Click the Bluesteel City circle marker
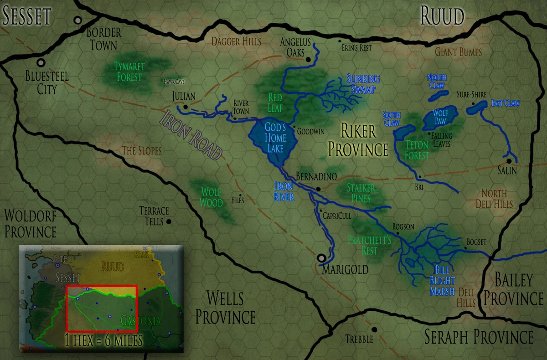point(41,62)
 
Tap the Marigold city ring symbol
point(322,258)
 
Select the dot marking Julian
point(186,107)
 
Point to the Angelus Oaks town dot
point(308,59)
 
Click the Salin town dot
point(509,161)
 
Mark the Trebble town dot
point(374,329)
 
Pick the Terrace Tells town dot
point(169,221)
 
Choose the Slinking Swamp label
point(363,83)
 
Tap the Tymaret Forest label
point(129,72)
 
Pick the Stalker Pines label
point(361,193)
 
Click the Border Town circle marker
point(78,21)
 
